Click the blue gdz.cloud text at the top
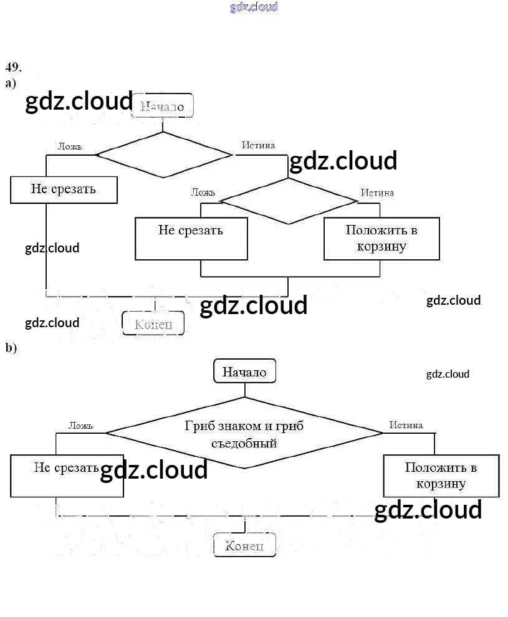[254, 7]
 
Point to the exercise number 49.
[14, 67]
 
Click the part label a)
[11, 83]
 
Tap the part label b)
[11, 348]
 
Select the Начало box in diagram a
[163, 106]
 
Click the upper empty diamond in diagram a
[163, 155]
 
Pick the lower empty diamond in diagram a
[288, 201]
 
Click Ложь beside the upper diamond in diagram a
[69, 146]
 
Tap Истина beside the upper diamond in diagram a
[258, 145]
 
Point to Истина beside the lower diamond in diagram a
[377, 193]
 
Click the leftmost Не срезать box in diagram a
[64, 189]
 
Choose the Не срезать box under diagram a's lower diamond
[191, 238]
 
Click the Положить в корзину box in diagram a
[381, 238]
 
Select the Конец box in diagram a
[153, 323]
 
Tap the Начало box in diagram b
[244, 372]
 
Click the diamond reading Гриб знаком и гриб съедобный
[244, 434]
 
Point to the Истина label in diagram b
[406, 425]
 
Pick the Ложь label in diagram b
[80, 426]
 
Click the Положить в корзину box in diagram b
[441, 476]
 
